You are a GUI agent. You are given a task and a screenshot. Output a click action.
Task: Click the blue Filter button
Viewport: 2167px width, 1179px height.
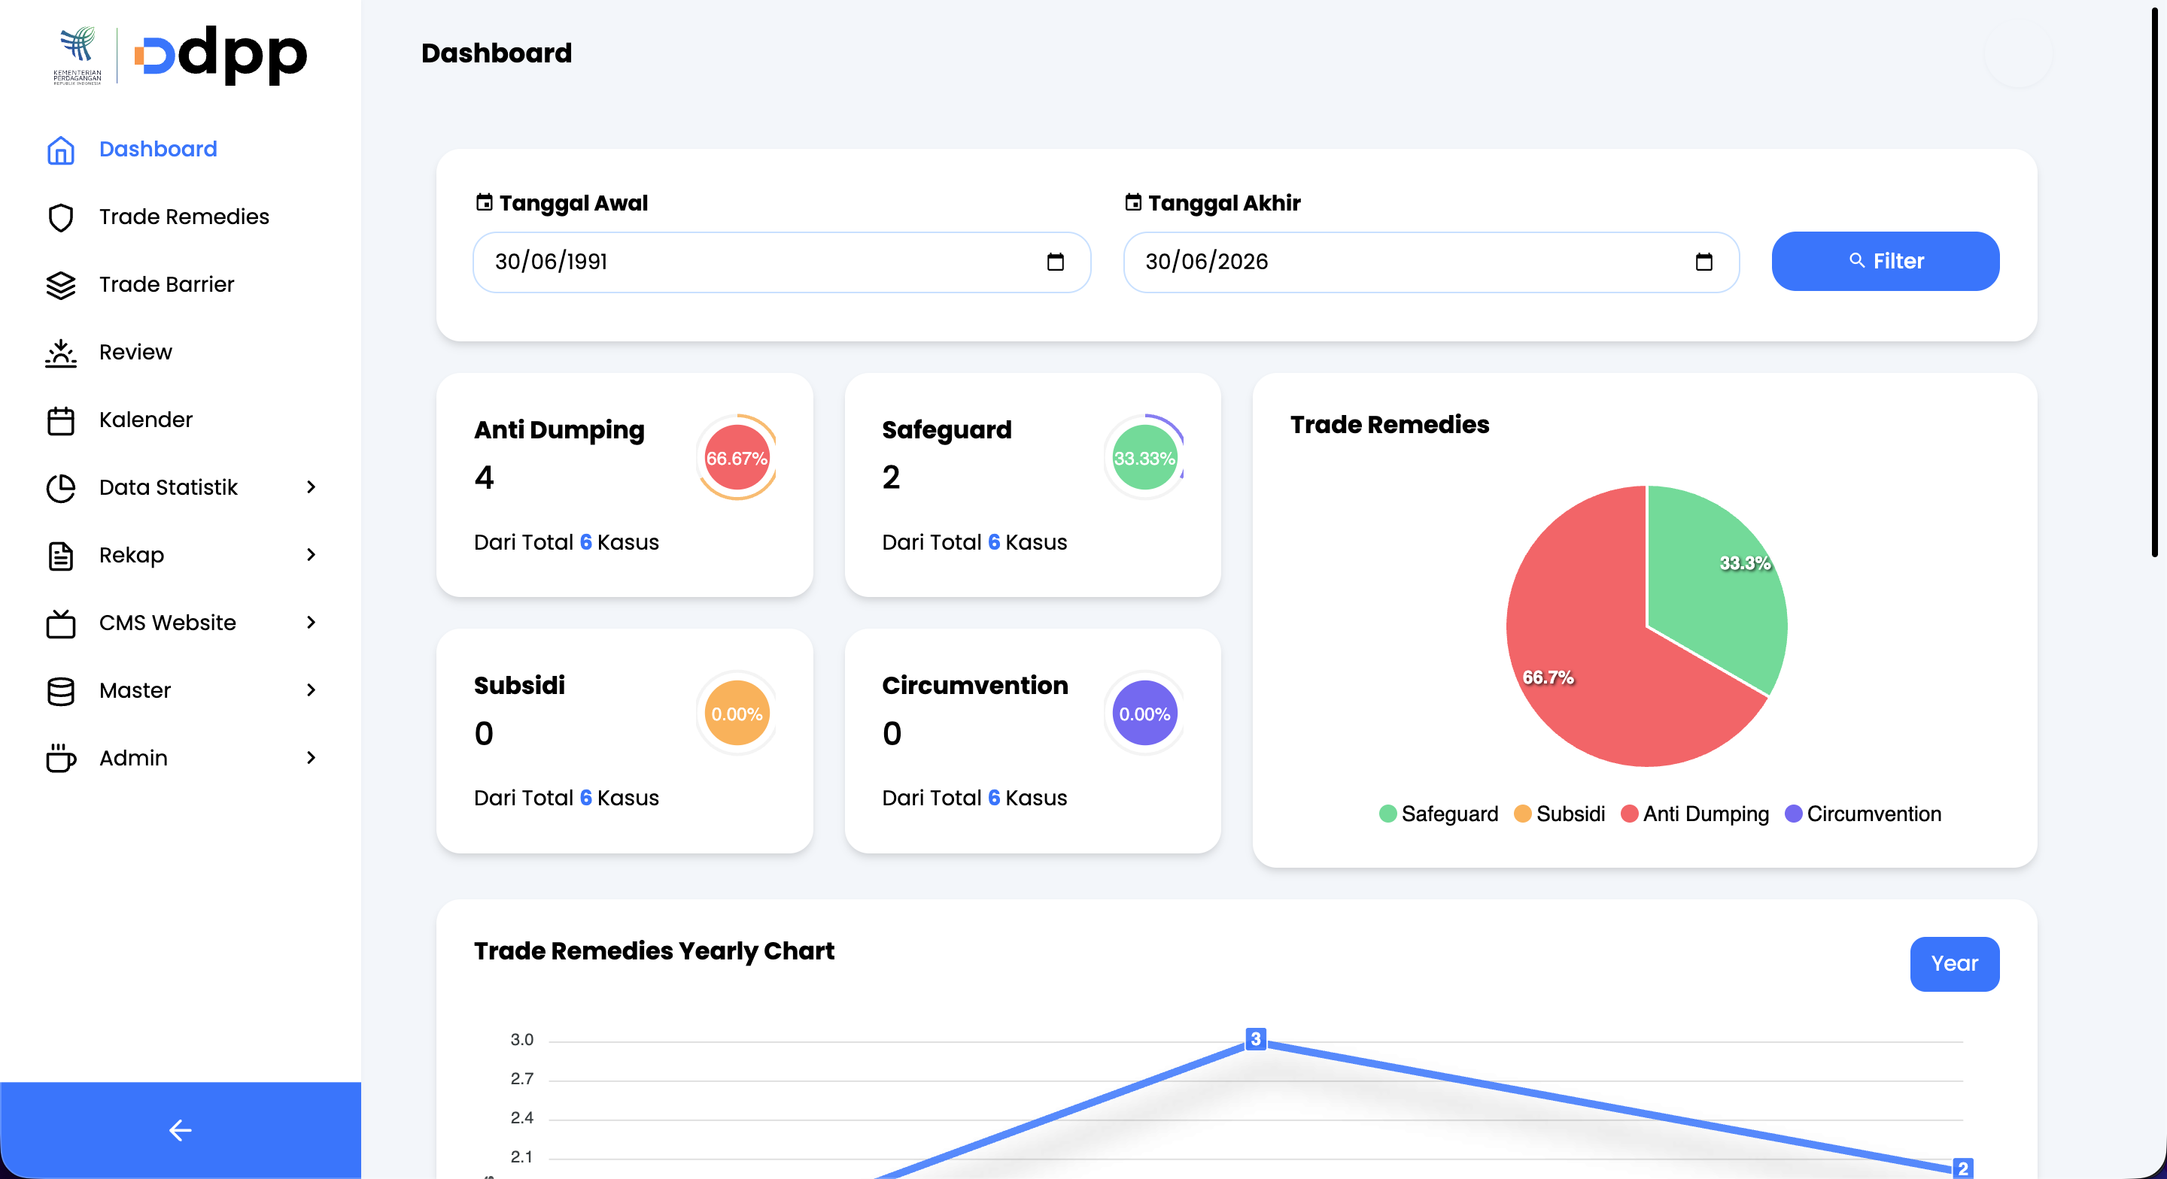[x=1884, y=261]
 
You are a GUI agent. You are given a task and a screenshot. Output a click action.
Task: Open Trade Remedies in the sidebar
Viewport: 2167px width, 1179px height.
[x=184, y=217]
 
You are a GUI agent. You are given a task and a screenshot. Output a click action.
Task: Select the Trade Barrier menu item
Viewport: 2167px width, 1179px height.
[x=166, y=284]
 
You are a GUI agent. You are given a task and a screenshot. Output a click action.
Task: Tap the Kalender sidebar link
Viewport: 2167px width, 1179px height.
[x=145, y=420]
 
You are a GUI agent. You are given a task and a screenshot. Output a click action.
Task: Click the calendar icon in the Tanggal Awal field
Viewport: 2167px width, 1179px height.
[x=1055, y=262]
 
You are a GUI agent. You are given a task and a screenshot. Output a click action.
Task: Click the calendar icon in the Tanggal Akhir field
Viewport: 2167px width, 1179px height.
[x=1704, y=262]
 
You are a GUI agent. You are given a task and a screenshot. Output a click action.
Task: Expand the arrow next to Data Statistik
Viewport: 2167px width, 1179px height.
[x=312, y=487]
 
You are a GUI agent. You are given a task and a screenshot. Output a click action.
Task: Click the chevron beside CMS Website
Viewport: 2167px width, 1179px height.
[x=312, y=623]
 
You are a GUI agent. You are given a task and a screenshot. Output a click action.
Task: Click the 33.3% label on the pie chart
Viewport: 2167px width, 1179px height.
[x=1745, y=562]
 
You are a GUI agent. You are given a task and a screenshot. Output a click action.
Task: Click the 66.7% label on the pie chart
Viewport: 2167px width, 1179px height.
[x=1548, y=677]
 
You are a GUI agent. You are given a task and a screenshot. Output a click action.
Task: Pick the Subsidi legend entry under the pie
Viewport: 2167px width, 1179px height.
[x=1560, y=814]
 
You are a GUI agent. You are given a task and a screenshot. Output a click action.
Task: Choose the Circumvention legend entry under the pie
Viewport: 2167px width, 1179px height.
[x=1862, y=814]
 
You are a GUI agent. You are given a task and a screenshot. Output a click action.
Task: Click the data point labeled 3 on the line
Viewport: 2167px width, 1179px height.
[x=1255, y=1039]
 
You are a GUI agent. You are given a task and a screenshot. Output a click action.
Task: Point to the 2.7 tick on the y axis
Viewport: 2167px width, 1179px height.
[x=521, y=1079]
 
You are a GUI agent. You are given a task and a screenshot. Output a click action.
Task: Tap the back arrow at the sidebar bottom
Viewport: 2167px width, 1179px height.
[x=180, y=1130]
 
